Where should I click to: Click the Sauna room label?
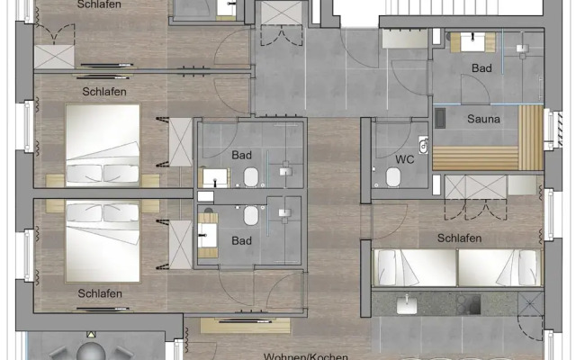[x=483, y=119]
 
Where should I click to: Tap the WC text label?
[x=405, y=159]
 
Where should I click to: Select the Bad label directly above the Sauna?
[x=481, y=68]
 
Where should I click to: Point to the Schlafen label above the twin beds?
[x=459, y=238]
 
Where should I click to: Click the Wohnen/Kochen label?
[x=306, y=356]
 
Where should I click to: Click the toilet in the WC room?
[x=393, y=176]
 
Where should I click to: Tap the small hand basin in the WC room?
[x=424, y=145]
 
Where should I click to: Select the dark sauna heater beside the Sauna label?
[x=440, y=118]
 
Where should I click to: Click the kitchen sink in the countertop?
[x=407, y=305]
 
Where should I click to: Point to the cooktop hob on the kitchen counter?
[x=468, y=304]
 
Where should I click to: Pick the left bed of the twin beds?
[x=415, y=267]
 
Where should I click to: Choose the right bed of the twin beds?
[x=499, y=267]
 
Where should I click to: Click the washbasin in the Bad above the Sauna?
[x=472, y=42]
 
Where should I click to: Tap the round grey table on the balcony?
[x=91, y=352]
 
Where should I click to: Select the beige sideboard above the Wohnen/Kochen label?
[x=245, y=326]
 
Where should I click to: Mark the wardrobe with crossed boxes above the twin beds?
[x=475, y=187]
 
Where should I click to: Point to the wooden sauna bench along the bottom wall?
[x=475, y=158]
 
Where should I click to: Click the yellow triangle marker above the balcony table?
[x=91, y=334]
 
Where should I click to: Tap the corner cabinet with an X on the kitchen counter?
[x=530, y=303]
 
